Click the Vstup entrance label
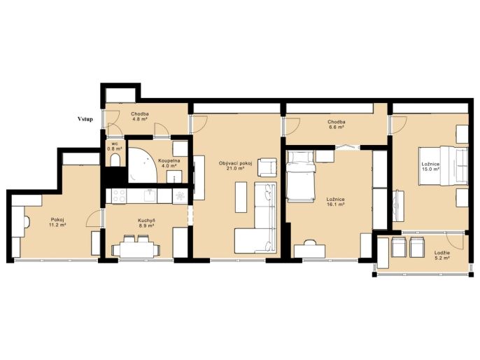[85, 119]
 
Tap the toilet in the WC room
[115, 160]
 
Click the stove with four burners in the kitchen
[119, 196]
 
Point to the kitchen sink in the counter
[150, 195]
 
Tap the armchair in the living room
[267, 167]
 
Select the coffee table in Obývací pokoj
[241, 197]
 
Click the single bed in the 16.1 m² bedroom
[300, 176]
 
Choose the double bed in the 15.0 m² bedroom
[444, 166]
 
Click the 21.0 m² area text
[235, 169]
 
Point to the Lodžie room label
[442, 253]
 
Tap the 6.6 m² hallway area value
[336, 127]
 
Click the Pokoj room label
[57, 219]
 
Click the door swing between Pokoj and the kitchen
[94, 219]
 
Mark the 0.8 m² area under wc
[115, 148]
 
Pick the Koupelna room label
[169, 160]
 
